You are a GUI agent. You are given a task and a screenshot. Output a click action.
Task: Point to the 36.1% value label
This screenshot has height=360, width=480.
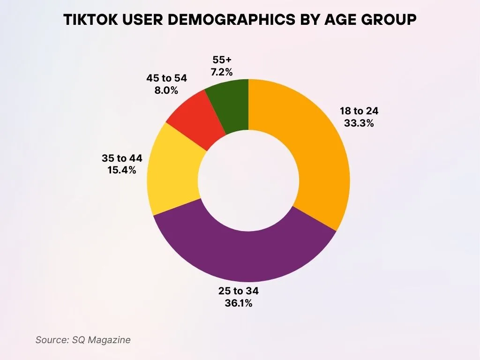pyautogui.click(x=239, y=303)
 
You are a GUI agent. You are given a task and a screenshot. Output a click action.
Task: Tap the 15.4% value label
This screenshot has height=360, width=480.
pyautogui.click(x=122, y=170)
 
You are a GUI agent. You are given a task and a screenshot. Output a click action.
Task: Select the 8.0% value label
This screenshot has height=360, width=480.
pyautogui.click(x=166, y=90)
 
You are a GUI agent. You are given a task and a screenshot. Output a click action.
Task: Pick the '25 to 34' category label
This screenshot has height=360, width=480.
pyautogui.click(x=239, y=291)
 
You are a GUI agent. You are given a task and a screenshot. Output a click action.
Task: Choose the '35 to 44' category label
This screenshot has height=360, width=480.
pyautogui.click(x=122, y=158)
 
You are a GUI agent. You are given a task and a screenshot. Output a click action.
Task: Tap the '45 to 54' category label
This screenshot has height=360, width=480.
pyautogui.click(x=166, y=78)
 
